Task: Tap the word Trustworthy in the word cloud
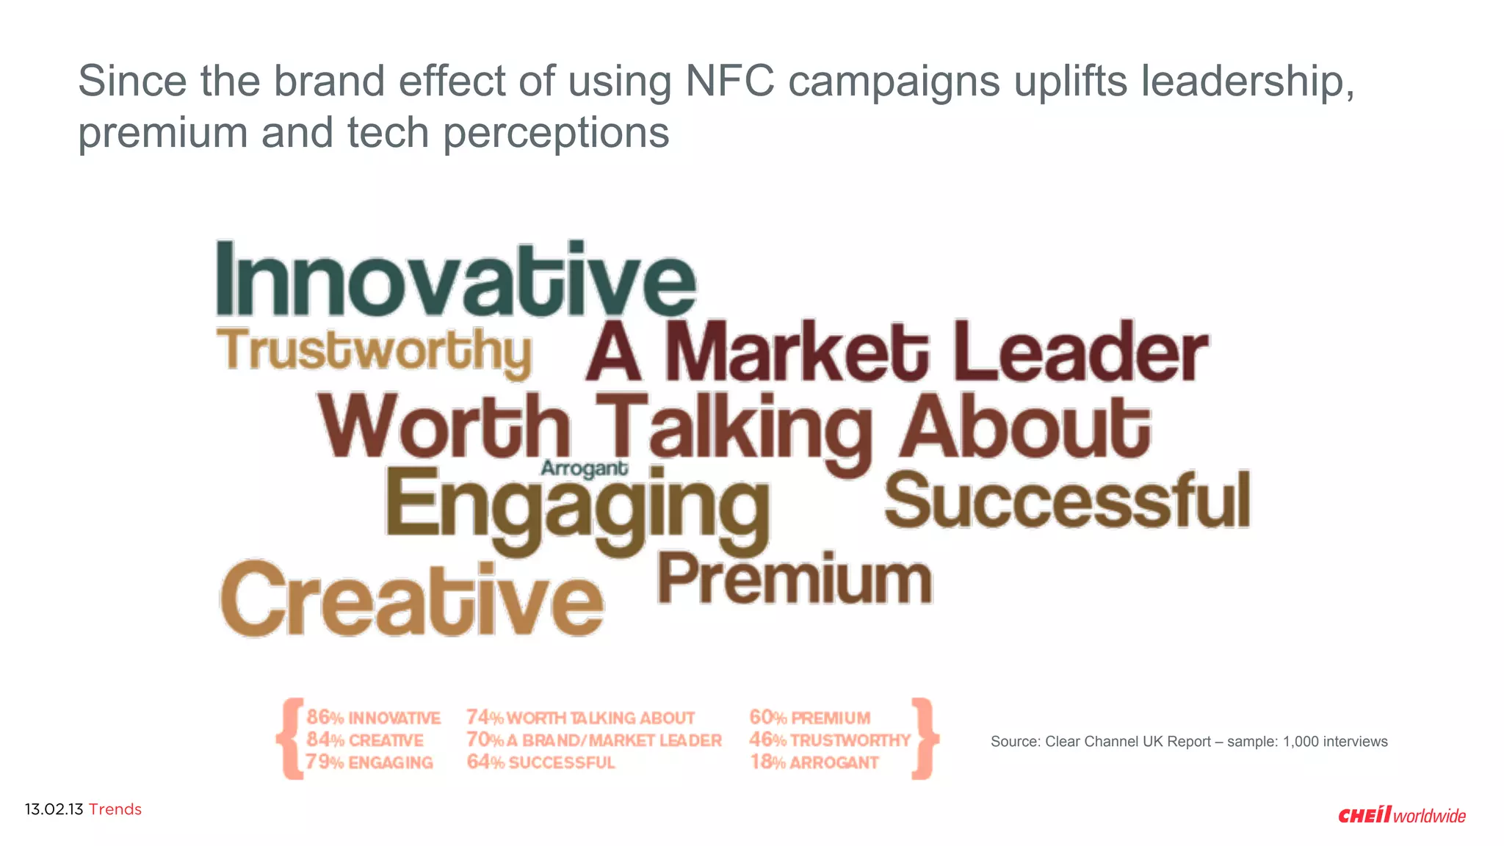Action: [x=374, y=351]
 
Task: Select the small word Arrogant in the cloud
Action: [x=584, y=469]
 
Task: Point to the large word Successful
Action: [x=1067, y=502]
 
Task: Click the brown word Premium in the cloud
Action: [x=794, y=580]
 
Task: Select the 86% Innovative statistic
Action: [x=373, y=717]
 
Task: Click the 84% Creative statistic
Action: [x=365, y=740]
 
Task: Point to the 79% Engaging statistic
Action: [x=369, y=762]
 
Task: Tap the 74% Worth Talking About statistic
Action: [x=580, y=717]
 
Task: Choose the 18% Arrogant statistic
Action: [x=814, y=762]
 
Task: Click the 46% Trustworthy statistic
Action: [x=829, y=740]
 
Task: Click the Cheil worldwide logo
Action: [x=1401, y=815]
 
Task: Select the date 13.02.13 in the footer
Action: [x=54, y=809]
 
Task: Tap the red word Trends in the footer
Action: [x=115, y=809]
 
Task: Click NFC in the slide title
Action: [x=729, y=81]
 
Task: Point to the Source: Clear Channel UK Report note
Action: [x=1188, y=742]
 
